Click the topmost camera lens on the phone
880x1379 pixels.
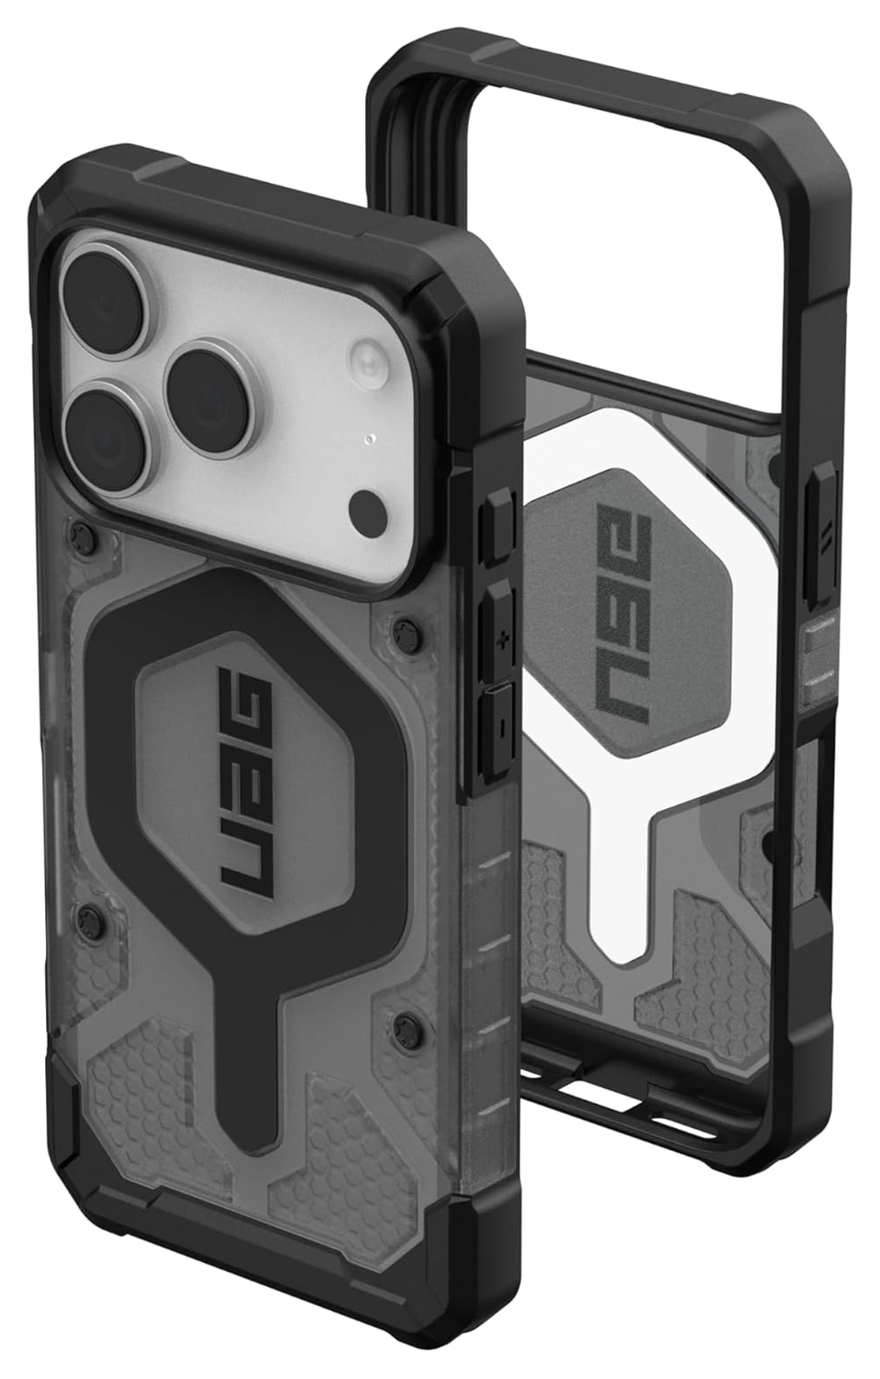coord(104,302)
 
